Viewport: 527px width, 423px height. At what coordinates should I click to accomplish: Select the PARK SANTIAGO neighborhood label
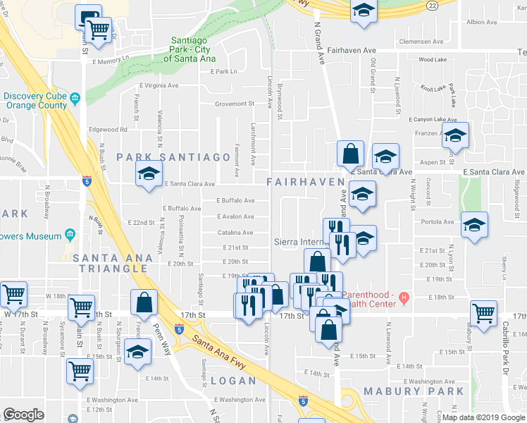pyautogui.click(x=173, y=157)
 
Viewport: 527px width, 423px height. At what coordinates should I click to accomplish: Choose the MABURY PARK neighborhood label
pyautogui.click(x=414, y=391)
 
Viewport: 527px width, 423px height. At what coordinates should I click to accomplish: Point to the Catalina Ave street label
pyautogui.click(x=235, y=232)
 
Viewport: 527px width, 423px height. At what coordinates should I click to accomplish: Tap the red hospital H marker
pyautogui.click(x=404, y=297)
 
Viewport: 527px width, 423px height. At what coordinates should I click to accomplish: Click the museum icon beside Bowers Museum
pyautogui.click(x=70, y=235)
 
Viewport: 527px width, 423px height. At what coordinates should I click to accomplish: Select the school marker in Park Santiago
pyautogui.click(x=149, y=173)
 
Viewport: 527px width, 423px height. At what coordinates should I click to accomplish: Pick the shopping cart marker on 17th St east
pyautogui.click(x=484, y=312)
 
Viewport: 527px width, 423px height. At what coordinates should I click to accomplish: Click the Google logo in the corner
pyautogui.click(x=23, y=415)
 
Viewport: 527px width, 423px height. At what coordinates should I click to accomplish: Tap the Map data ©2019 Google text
pyautogui.click(x=484, y=417)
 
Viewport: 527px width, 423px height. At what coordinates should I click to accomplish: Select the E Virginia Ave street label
pyautogui.click(x=159, y=85)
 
